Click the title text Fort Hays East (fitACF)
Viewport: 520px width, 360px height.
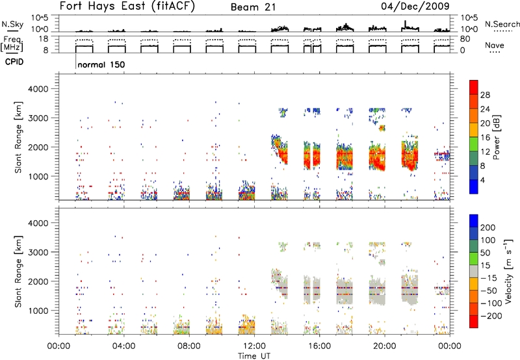[x=127, y=6]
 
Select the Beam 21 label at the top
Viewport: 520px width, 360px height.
[x=253, y=7]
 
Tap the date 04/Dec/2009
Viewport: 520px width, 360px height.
[x=415, y=6]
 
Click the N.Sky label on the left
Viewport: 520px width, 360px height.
[x=12, y=24]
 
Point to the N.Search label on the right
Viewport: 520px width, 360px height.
[x=502, y=24]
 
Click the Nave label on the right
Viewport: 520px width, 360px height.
[x=495, y=45]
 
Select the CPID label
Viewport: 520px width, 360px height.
[x=14, y=62]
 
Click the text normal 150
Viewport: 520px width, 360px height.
[x=101, y=64]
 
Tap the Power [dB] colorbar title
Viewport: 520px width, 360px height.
[x=496, y=137]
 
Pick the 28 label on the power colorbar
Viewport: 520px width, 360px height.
[x=485, y=95]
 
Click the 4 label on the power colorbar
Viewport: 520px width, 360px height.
[x=482, y=180]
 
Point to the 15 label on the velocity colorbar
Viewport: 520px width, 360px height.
[x=484, y=266]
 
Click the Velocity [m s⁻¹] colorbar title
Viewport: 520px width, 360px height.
[x=508, y=271]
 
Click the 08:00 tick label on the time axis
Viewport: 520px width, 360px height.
[x=189, y=346]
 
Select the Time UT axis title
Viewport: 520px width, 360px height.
[x=254, y=356]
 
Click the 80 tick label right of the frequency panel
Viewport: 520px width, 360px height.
[x=465, y=39]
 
